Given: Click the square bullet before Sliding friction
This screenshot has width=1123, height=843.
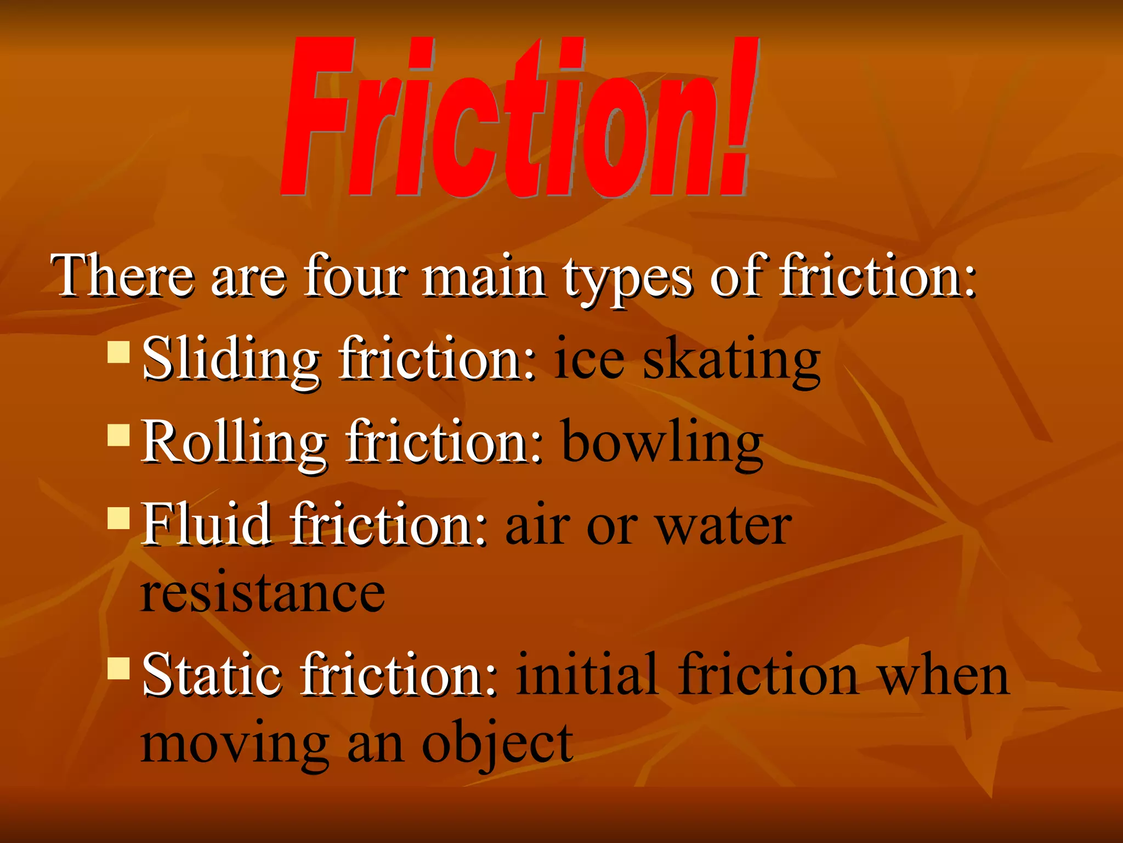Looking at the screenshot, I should [x=118, y=353].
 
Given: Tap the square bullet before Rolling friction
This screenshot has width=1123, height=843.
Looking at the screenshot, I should [x=118, y=435].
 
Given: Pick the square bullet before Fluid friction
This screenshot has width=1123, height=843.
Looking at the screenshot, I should [x=118, y=518].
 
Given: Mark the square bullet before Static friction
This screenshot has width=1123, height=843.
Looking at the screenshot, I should [x=118, y=668].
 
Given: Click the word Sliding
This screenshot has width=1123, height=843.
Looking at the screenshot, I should [x=230, y=360].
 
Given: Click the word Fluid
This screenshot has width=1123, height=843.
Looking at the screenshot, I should [x=206, y=525].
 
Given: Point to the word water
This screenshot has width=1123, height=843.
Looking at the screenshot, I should [x=724, y=527].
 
